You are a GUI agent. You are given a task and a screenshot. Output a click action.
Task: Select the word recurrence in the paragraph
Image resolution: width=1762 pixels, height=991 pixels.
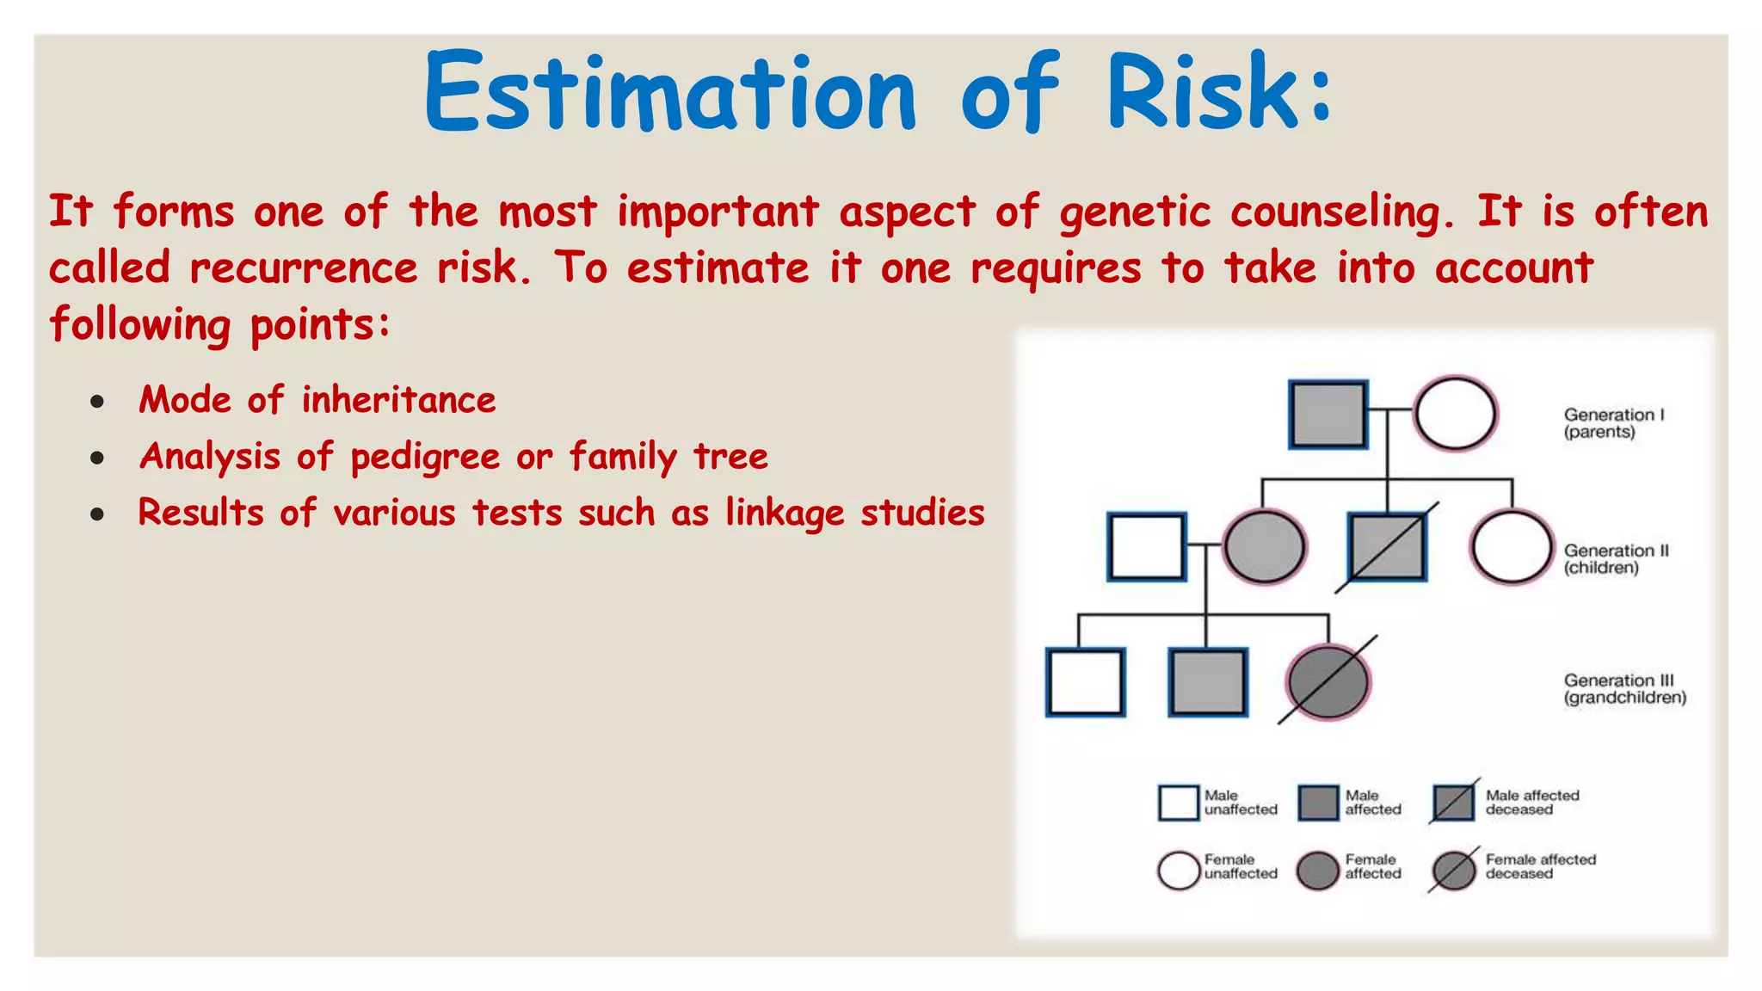point(303,268)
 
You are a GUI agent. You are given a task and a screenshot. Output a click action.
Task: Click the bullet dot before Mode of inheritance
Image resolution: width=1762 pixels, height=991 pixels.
point(97,402)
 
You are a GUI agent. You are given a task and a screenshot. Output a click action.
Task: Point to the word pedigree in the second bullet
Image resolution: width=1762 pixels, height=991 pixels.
point(425,458)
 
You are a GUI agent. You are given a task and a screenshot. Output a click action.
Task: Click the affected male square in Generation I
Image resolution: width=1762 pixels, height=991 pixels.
point(1328,415)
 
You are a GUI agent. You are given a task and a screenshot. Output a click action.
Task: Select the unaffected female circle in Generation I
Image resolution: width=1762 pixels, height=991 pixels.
point(1455,414)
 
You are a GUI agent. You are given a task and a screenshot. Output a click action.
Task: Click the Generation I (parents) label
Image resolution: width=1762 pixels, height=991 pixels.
point(1612,423)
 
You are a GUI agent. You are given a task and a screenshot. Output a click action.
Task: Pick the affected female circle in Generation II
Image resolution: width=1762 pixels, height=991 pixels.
point(1264,547)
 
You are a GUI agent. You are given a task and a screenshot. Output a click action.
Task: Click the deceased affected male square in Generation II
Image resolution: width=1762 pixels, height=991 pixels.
point(1386,547)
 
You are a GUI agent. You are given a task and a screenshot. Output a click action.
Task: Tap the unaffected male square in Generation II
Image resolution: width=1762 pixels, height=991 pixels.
point(1147,547)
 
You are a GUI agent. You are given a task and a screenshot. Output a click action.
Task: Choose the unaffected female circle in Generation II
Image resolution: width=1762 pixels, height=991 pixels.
point(1511,547)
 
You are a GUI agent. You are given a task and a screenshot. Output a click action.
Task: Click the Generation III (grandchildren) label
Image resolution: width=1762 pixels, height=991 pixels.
point(1624,689)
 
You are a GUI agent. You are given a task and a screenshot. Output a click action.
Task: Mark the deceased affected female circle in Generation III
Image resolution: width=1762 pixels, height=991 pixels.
point(1328,681)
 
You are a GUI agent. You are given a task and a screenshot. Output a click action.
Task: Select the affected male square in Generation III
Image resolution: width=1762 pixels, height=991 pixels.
point(1207,682)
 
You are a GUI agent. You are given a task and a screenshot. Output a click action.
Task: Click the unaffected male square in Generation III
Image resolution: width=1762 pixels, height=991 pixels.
point(1086,682)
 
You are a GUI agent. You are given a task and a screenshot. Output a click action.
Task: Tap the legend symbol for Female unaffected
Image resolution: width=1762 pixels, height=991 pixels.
point(1179,871)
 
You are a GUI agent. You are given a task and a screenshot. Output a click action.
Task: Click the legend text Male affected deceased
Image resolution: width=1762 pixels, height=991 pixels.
point(1531,803)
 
